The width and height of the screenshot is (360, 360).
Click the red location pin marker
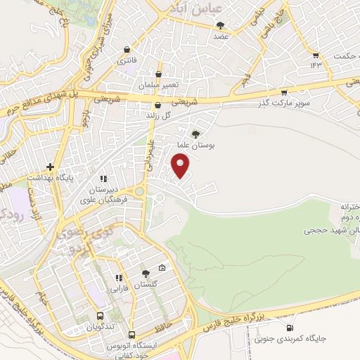coord(181,166)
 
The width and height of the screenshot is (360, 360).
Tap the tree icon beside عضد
coord(221,25)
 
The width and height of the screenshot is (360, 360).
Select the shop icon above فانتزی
coord(126,50)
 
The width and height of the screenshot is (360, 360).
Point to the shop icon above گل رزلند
coord(157,105)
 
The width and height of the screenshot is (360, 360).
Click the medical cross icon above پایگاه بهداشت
coord(50,167)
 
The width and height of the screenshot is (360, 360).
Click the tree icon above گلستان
coord(146,273)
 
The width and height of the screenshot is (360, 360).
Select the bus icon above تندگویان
coord(101,316)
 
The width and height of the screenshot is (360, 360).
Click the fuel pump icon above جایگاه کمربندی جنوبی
coord(290,328)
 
